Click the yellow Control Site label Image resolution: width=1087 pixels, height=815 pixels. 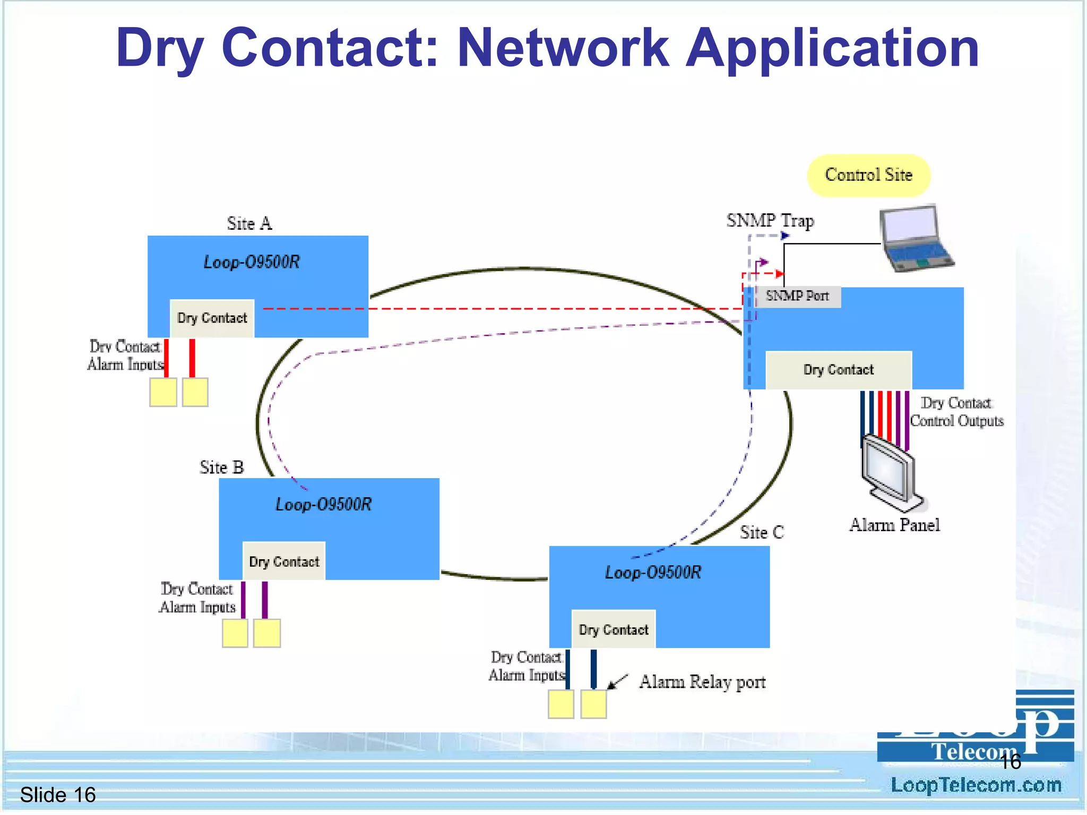[x=868, y=175]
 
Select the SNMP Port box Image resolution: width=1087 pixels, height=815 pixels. [x=797, y=296]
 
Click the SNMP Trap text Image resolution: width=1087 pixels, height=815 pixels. [x=770, y=220]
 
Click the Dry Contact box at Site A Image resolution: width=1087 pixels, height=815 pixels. [x=212, y=318]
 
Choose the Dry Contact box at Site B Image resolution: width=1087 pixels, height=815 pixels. [x=284, y=561]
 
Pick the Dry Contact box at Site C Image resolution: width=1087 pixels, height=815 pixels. [x=614, y=630]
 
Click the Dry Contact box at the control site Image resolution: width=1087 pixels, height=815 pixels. [x=838, y=370]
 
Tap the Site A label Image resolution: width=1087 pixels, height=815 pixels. [x=249, y=223]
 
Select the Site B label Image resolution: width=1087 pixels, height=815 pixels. [x=221, y=467]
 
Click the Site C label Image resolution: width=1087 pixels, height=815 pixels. [x=762, y=532]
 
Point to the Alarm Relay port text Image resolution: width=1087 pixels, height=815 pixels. [x=702, y=682]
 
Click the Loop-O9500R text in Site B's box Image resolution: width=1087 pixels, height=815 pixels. [x=323, y=504]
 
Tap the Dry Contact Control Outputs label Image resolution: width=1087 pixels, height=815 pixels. [x=956, y=412]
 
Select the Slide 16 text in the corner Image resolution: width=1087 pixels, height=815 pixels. [x=58, y=795]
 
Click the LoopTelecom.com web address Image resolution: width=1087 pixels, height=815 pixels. [x=976, y=785]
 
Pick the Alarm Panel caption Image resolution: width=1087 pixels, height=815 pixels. [x=894, y=525]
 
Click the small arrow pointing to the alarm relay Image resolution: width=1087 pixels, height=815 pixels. [x=617, y=682]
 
